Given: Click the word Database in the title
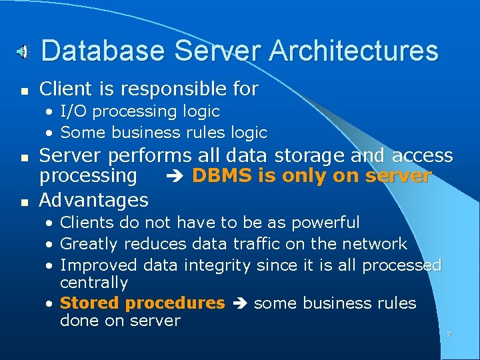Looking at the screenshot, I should (93, 51).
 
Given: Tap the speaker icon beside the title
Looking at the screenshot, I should (23, 51).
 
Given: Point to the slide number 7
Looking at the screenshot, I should (449, 334).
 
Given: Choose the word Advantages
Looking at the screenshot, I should (94, 199).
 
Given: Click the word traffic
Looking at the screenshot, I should (227, 244).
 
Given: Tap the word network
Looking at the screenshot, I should (375, 244).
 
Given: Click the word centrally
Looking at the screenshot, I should (93, 283).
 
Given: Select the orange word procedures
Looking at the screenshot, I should (175, 303).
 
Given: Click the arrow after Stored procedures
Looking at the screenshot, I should (239, 303).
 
